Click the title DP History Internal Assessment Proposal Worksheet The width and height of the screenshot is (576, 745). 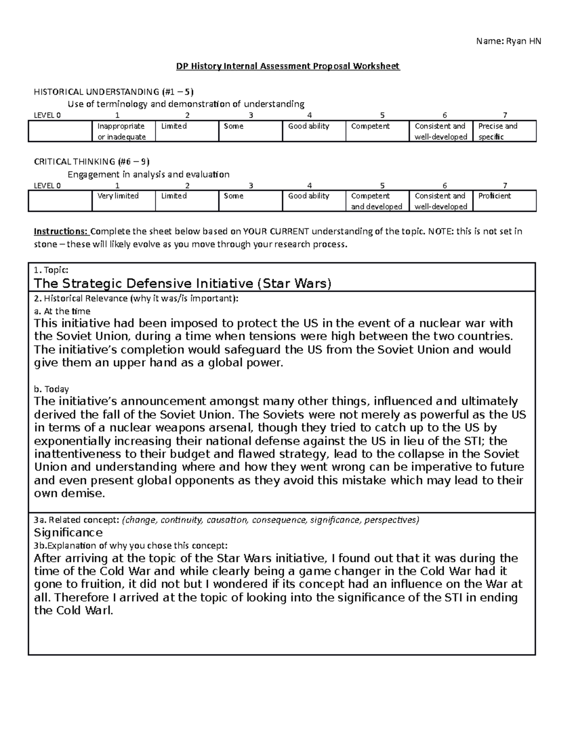[288, 66]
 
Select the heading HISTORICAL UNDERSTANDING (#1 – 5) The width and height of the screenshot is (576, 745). [114, 92]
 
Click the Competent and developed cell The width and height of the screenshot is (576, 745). [376, 201]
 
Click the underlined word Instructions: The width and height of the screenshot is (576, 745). [61, 232]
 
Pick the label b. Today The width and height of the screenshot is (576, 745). [51, 389]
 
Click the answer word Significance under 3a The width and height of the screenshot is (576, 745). [68, 532]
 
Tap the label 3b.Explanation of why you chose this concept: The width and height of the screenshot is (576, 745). [131, 545]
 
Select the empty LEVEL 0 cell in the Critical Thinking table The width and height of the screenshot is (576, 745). [60, 201]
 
